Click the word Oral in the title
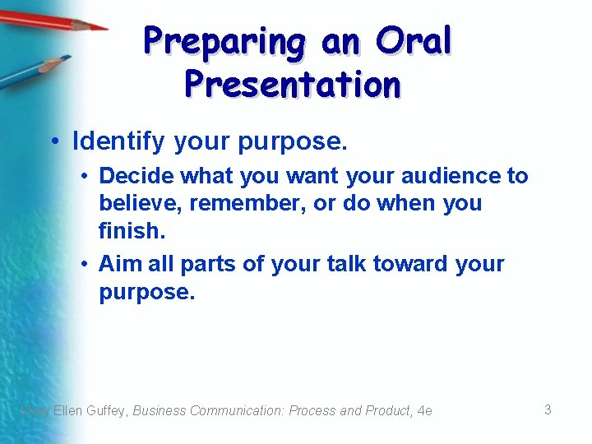coord(414,40)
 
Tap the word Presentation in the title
coord(293,84)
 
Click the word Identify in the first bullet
coord(118,141)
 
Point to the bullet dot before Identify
coord(55,141)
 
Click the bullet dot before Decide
coord(85,176)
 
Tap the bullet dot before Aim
coord(85,264)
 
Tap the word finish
coord(132,230)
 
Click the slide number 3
coord(548,409)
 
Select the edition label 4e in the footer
coord(425,410)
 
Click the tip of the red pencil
coord(108,29)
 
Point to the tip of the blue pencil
coord(71,57)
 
